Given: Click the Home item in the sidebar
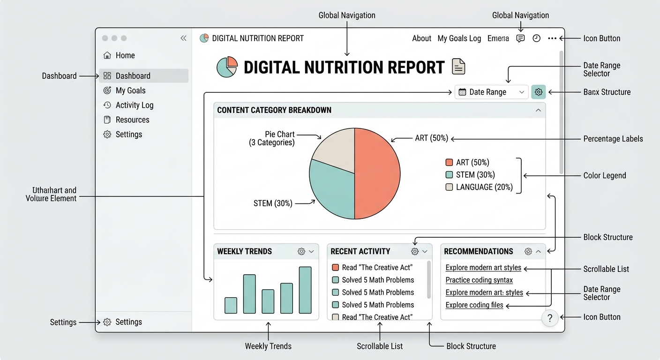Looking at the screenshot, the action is pos(119,55).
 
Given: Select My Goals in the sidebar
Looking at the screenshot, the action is pos(124,90).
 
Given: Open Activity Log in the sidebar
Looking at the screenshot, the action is pos(128,105).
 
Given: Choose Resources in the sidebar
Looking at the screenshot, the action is pos(127,120).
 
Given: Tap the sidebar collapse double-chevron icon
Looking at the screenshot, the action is pos(184,38).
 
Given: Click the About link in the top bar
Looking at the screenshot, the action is pos(421,38).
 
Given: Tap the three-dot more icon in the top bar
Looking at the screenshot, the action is pos(552,38).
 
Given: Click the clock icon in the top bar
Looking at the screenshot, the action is pos(537,38).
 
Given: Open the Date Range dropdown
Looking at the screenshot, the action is pos(491,92).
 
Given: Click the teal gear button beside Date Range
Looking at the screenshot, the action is pos(538,92).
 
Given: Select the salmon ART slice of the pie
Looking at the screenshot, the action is pos(377,173).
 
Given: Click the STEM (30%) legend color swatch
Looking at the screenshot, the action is pos(449,175).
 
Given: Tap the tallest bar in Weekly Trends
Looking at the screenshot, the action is pos(305,290).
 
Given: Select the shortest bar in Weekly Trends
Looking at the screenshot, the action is pos(231,306).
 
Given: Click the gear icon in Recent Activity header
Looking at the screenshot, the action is pos(414,251).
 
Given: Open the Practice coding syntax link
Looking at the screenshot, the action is pos(479,280).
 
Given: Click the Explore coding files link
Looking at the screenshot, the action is pos(474,305).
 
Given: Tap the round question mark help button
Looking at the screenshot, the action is pos(550,318).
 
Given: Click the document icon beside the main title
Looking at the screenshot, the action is pos(458,66).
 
